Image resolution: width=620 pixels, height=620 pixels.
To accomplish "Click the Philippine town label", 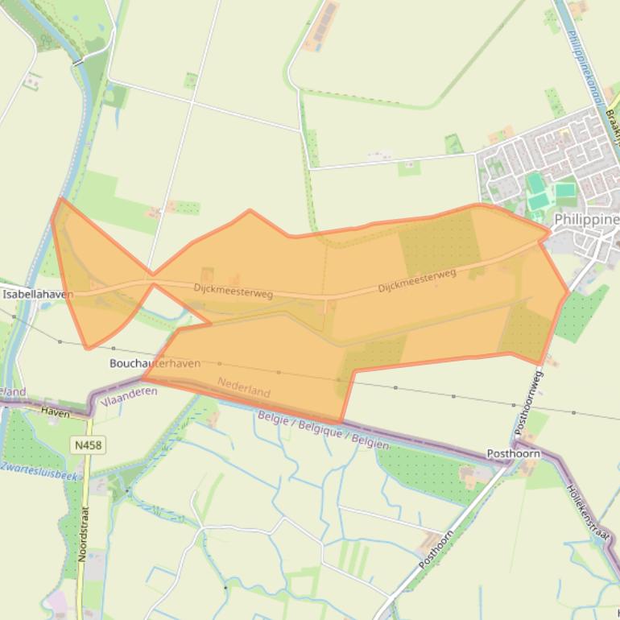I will click(x=587, y=219).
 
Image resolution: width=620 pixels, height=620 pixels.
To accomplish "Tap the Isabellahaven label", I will click(x=37, y=295).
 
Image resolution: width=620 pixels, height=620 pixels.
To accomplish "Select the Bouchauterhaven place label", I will click(x=155, y=364).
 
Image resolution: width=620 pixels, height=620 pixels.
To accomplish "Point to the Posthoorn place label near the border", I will click(x=513, y=454).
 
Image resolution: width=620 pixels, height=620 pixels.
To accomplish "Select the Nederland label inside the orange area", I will click(x=243, y=387).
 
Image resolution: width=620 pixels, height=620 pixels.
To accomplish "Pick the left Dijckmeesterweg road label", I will click(x=233, y=290).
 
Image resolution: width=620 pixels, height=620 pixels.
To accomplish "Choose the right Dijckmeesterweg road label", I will click(x=417, y=279).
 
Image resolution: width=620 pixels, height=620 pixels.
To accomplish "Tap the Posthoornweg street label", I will click(x=529, y=403).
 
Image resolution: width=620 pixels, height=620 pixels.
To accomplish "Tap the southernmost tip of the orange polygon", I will click(x=341, y=422).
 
